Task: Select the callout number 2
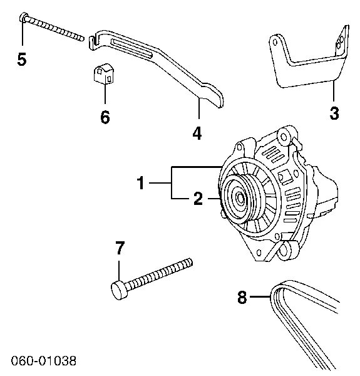tap(198, 199)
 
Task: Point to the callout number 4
tap(198, 133)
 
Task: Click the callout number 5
tap(22, 60)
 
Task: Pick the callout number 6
tap(105, 117)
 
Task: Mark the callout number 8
tap(244, 297)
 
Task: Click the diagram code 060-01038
tap(43, 362)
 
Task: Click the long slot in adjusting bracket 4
tap(135, 48)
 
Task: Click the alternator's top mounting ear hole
tap(283, 134)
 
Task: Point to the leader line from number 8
tap(260, 297)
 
